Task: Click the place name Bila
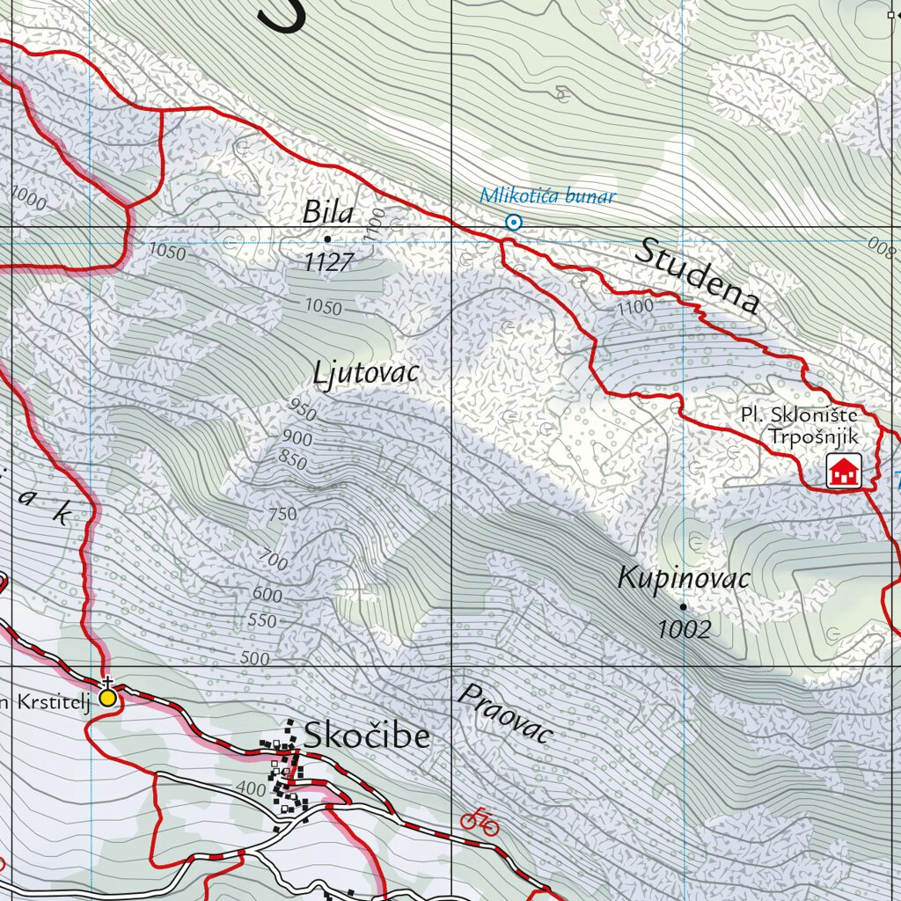pos(328,212)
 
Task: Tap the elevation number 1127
pos(329,261)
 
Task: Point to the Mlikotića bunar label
pos(547,196)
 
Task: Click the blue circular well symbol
pos(514,223)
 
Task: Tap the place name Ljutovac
pos(366,373)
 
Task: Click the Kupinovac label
pos(684,578)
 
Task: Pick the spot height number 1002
pos(684,628)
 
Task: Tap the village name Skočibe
pos(367,735)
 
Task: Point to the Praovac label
pos(505,713)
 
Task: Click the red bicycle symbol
pos(480,820)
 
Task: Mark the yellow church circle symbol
pos(107,698)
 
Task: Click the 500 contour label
pos(254,658)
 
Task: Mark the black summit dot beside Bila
pos(328,238)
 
